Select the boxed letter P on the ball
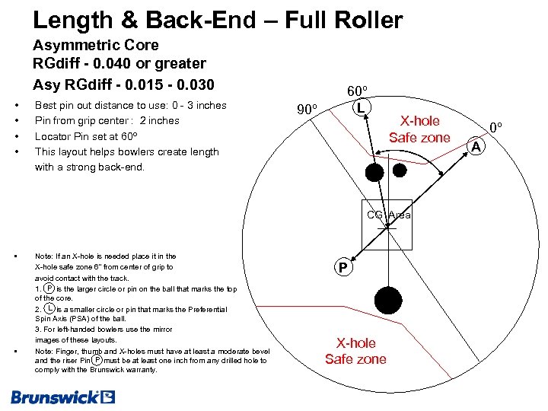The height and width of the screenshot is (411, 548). (x=343, y=268)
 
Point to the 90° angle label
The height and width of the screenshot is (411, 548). (x=307, y=110)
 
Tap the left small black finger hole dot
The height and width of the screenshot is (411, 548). (x=374, y=172)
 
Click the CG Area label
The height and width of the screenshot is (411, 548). (x=388, y=215)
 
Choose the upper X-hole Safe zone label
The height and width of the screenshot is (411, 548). (x=419, y=129)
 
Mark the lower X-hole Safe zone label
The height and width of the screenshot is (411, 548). (x=355, y=351)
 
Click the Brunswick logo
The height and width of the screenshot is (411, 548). (x=62, y=397)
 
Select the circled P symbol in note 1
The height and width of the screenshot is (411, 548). (x=49, y=289)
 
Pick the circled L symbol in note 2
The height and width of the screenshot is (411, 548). (x=49, y=309)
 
